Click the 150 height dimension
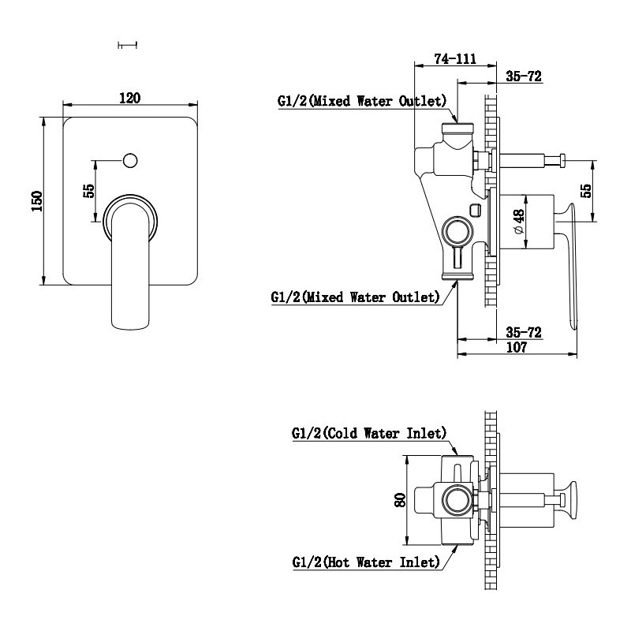coord(35,201)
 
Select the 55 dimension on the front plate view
coord(89,191)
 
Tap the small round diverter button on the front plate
coord(130,161)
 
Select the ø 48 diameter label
coord(518,222)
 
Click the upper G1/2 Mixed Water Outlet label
coord(362,101)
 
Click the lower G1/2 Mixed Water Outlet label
coord(354,297)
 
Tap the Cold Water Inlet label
coord(368,433)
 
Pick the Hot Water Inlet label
coord(365,562)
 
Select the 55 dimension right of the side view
coord(586,191)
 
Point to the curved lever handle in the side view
coord(570,268)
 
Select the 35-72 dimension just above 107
coord(522,332)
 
